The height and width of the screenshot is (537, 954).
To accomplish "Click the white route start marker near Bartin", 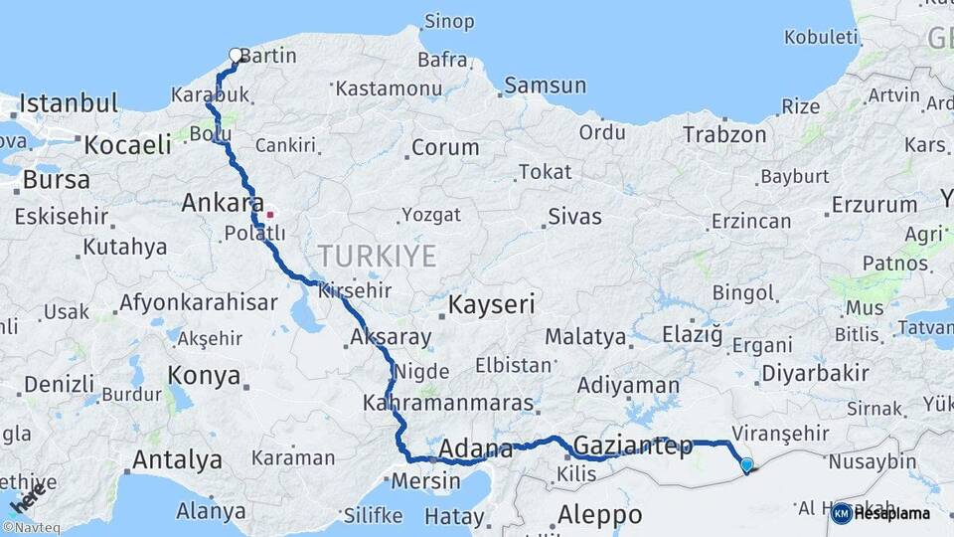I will (236, 56).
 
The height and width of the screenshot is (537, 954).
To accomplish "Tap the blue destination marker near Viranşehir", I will (746, 464).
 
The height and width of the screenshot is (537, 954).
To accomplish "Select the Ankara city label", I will (221, 204).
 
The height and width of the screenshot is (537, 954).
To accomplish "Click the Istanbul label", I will (69, 103).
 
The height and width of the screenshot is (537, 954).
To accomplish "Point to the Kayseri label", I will (492, 304).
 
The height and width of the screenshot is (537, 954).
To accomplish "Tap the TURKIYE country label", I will (378, 257).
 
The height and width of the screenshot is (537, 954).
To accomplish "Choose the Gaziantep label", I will (633, 446).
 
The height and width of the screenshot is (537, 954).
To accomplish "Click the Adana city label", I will (475, 447).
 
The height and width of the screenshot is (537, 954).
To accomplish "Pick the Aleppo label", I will (599, 515).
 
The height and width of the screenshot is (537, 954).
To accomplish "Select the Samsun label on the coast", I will (545, 86).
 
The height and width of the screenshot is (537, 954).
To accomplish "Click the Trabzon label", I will (723, 134).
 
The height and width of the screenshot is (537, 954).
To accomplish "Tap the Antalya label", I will (177, 460).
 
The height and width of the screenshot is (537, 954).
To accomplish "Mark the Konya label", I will (204, 376).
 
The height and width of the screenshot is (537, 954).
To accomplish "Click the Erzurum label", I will (874, 205).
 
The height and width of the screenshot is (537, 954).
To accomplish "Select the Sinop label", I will (449, 21).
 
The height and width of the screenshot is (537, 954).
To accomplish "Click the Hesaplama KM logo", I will (880, 513).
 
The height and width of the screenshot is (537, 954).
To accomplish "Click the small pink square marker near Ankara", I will (269, 212).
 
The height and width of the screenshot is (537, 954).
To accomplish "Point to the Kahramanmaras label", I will (449, 405).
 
